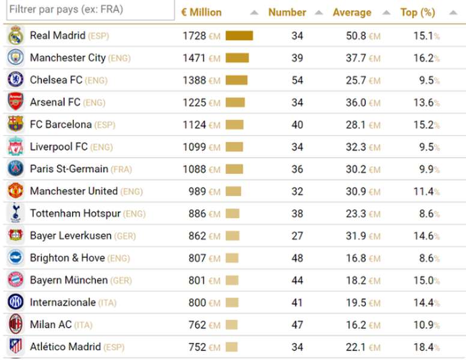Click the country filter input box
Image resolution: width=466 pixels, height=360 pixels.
click(90, 10)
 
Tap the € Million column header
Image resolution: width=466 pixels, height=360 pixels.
click(202, 13)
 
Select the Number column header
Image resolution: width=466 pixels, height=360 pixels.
click(287, 13)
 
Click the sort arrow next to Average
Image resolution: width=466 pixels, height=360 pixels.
click(386, 13)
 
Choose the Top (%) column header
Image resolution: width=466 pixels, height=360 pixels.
click(417, 13)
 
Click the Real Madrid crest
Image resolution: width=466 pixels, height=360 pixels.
click(16, 35)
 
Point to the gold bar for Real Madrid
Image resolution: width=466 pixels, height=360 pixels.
click(239, 35)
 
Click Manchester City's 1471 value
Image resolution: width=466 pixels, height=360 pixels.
click(195, 58)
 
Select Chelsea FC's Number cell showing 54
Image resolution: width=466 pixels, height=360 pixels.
click(297, 80)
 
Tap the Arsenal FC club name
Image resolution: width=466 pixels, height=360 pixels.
click(55, 102)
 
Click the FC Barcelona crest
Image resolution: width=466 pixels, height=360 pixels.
click(16, 124)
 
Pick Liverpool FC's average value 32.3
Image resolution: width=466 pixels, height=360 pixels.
click(356, 147)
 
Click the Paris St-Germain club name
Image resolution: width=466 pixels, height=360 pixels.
click(69, 169)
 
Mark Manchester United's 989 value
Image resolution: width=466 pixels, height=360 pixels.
click(198, 191)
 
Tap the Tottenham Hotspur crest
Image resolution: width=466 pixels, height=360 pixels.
click(16, 213)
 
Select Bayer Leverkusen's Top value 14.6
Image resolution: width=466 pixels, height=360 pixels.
click(423, 236)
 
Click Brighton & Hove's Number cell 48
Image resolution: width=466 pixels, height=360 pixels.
click(297, 258)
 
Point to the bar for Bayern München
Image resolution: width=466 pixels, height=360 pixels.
click(232, 280)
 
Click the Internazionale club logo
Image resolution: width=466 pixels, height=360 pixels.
click(16, 302)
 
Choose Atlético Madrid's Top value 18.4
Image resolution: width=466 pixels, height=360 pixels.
click(423, 347)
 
